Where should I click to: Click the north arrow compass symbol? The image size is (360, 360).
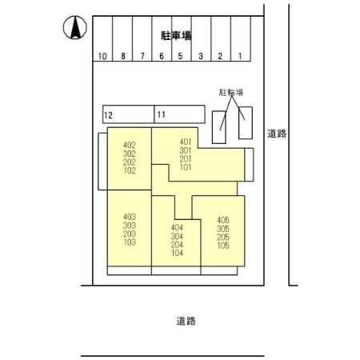74,29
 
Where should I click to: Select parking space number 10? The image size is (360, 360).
102,56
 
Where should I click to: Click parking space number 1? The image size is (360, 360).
239,56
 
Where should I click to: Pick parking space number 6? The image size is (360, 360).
161,56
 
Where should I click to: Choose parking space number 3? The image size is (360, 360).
200,56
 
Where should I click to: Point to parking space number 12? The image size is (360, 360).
108,115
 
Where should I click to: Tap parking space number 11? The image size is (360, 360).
161,115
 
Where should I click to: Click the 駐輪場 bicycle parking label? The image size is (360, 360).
230,93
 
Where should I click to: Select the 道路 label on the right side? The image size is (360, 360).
277,134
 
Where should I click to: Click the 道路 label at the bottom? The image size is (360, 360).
186,321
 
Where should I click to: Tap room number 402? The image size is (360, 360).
130,145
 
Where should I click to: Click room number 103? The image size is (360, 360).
130,242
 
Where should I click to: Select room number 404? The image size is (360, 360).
178,228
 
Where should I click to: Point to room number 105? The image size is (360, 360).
223,246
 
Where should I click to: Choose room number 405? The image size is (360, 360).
223,219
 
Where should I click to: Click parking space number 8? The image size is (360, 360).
122,56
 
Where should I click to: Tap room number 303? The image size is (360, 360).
130,225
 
